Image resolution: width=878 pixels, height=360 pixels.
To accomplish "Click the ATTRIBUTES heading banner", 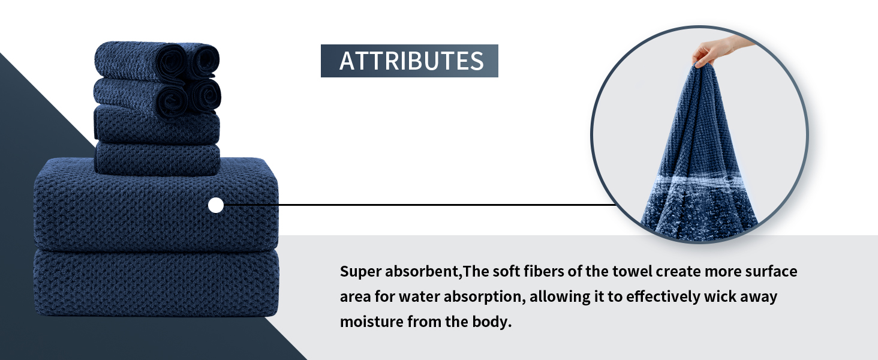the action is (409, 61).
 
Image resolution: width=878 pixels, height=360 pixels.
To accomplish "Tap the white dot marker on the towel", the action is (215, 205).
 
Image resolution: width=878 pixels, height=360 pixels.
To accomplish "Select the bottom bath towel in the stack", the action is (157, 283).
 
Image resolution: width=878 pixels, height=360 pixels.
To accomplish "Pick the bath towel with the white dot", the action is (156, 204).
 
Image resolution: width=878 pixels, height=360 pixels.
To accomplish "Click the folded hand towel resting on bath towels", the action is (157, 159).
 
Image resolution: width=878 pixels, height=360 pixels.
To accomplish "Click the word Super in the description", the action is (360, 272).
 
